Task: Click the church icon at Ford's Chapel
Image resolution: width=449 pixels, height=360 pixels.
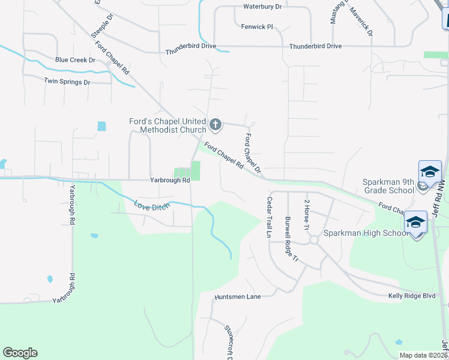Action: (x=215, y=125)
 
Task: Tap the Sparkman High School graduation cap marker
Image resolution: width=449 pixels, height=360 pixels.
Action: (x=417, y=223)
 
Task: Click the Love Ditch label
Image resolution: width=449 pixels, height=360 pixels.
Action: (x=151, y=206)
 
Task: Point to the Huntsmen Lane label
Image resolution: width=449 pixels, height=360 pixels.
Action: (x=238, y=297)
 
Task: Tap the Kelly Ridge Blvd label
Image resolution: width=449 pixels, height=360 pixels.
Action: (x=411, y=296)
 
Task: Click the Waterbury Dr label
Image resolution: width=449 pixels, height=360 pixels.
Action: (x=262, y=7)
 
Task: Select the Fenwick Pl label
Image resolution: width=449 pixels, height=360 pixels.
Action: (x=257, y=27)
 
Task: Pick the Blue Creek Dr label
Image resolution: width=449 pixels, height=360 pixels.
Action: (x=75, y=60)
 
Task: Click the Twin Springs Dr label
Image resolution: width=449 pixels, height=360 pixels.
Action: (x=67, y=82)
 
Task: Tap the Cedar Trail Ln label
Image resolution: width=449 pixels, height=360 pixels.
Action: (x=270, y=217)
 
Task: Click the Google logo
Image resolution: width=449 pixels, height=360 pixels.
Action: (x=20, y=353)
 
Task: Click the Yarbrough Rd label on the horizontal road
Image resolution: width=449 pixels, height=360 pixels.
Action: (x=170, y=180)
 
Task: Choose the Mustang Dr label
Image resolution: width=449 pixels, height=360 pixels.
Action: (x=333, y=13)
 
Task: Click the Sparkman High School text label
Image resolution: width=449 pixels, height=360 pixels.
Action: (x=366, y=233)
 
